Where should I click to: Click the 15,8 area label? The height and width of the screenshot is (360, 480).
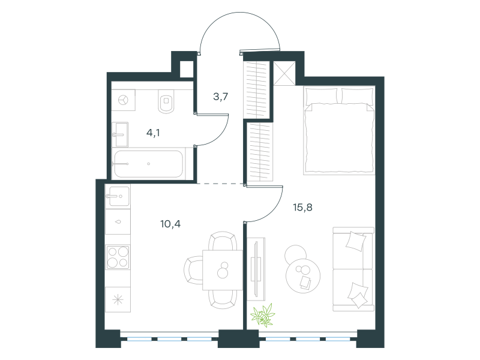coord(302,208)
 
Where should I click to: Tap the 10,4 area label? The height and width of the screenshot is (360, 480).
coord(170,224)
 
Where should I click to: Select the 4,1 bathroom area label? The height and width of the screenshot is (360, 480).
coord(153,133)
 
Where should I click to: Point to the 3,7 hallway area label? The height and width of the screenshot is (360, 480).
coord(220,97)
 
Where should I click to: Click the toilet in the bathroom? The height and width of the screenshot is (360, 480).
coord(166,101)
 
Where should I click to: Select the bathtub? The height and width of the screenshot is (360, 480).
coord(149,164)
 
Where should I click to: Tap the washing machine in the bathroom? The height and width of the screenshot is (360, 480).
coord(124,100)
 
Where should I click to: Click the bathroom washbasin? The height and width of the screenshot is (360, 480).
coord(120,134)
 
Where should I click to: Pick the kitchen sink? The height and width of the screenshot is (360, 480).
coord(118,196)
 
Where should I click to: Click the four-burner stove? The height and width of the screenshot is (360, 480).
coord(118,257)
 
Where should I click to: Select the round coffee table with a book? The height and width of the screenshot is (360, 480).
coord(303,274)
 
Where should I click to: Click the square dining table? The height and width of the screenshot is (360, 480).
coord(223,270)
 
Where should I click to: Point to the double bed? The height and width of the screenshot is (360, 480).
coord(339,131)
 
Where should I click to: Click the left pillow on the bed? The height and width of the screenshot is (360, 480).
coord(322,96)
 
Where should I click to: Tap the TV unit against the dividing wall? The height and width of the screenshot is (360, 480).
coord(256,268)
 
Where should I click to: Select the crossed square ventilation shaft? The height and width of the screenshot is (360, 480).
coord(284,73)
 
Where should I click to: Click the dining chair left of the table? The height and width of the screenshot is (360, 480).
coord(193,271)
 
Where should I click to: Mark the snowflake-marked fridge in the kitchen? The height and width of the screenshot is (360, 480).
coord(118,299)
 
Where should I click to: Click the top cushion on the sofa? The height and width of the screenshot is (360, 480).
coord(355,241)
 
